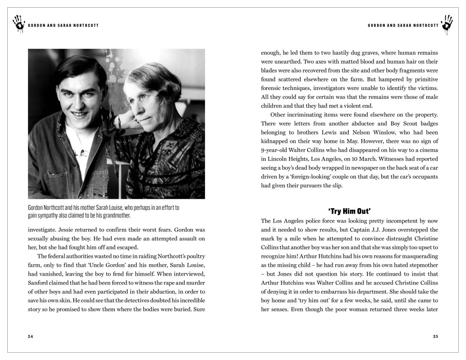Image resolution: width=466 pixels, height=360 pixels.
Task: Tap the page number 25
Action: (x=435, y=336)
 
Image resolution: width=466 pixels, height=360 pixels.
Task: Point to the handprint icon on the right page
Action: (x=447, y=24)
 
